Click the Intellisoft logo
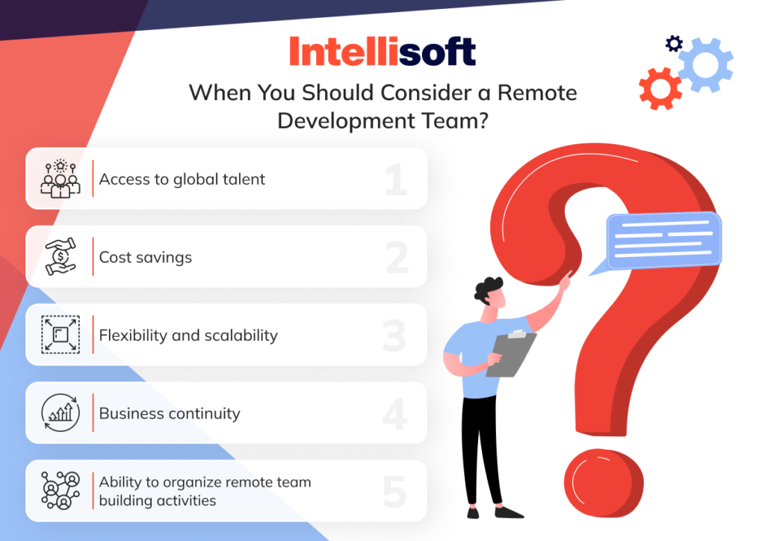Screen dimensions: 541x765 (382, 52)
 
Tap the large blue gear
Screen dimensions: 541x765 (704, 64)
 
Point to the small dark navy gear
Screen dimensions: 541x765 (674, 44)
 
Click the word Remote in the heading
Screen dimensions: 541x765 (538, 93)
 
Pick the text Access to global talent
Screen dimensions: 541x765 (182, 179)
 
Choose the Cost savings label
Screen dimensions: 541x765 (146, 257)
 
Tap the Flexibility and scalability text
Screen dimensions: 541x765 (188, 336)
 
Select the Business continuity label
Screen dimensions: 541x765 (170, 413)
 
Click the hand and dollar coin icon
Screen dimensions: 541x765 (60, 257)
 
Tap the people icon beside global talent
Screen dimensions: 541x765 (60, 179)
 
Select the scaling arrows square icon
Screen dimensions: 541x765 (60, 336)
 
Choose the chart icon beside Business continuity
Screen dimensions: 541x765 (60, 413)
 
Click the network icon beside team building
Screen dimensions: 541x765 (60, 491)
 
